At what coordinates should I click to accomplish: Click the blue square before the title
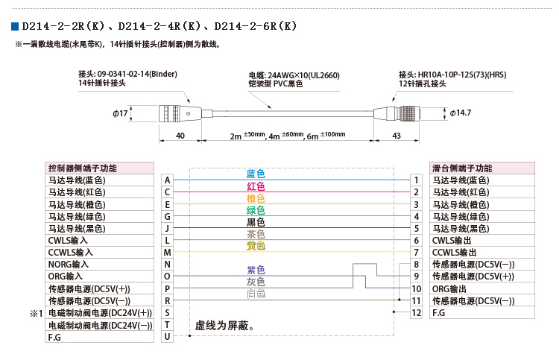tap(15, 26)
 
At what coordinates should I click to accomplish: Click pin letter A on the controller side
tap(167, 180)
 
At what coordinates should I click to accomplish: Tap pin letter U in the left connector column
tap(167, 336)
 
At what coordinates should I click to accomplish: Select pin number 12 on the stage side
tap(417, 313)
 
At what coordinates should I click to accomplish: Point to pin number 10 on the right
tap(417, 288)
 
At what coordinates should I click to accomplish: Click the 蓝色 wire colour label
tap(256, 174)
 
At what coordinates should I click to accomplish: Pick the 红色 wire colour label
tap(256, 186)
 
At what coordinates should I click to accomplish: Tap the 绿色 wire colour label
tap(256, 210)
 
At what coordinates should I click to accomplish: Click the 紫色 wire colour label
tap(256, 270)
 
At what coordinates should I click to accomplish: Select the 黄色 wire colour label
tap(256, 246)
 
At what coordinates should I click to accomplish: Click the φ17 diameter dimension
tap(120, 113)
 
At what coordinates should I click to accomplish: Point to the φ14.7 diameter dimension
tap(461, 113)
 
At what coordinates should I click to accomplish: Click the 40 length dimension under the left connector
tap(180, 136)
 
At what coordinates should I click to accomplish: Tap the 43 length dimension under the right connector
tap(397, 136)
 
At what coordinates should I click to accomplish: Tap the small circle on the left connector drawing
tap(189, 114)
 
